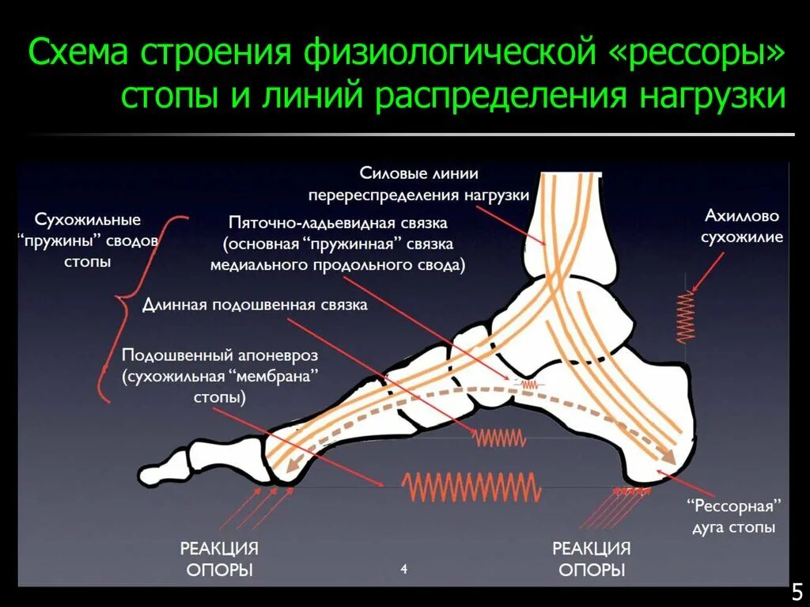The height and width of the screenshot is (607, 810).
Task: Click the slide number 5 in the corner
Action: click(x=797, y=591)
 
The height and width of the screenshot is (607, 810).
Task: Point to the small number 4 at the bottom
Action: click(x=403, y=569)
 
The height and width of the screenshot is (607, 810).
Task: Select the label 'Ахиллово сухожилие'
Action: click(x=743, y=226)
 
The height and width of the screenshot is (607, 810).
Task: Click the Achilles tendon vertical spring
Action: click(x=685, y=317)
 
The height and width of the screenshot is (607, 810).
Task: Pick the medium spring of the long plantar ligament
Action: click(x=499, y=437)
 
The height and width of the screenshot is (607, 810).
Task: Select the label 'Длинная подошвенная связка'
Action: click(x=255, y=305)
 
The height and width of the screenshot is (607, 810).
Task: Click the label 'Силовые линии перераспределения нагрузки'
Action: click(x=419, y=184)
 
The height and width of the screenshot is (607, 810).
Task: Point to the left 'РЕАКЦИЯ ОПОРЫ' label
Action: click(x=220, y=559)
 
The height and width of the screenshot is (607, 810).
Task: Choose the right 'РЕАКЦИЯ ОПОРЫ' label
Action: click(x=591, y=559)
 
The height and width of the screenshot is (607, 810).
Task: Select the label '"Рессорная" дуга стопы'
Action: click(x=733, y=516)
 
